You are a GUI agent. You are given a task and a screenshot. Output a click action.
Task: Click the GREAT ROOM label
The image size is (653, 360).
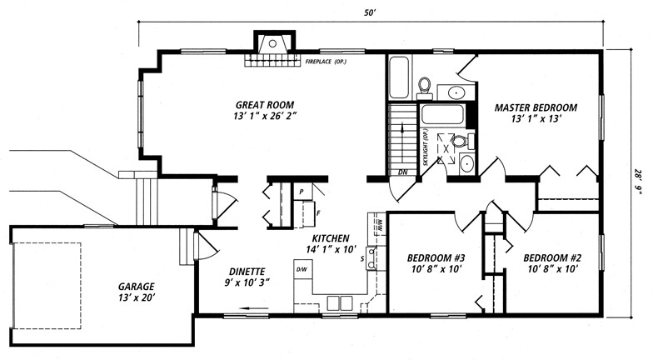coord(265,105)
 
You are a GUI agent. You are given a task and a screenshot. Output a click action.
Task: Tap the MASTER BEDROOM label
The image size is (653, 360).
coord(536,107)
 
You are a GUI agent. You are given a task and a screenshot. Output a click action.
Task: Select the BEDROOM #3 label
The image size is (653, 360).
coord(436,258)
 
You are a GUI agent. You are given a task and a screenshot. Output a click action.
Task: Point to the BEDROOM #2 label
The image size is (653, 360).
coord(553,258)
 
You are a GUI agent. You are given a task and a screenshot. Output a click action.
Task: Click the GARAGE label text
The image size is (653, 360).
coord(137,287)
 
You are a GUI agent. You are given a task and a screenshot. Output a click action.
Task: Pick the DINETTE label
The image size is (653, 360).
coord(247,272)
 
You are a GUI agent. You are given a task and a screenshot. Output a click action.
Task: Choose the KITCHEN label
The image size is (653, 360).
coord(331,238)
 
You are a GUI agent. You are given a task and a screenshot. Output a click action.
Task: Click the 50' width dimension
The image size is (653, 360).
coord(370,13)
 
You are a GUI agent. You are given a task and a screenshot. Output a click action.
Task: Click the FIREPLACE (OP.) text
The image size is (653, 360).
coord(326,62)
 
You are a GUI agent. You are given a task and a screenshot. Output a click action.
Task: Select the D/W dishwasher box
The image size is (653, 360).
coord(302,270)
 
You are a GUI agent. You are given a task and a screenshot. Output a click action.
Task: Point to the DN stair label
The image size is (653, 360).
coord(403,172)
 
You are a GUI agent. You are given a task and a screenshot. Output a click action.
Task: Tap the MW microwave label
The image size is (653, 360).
coord(380,225)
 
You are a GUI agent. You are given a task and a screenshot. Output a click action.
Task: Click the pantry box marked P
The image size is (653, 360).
coord(302,192)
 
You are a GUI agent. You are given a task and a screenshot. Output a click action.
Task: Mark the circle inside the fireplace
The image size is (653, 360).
coord(273,43)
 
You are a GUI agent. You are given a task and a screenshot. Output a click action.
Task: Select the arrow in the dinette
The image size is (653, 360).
coord(253,308)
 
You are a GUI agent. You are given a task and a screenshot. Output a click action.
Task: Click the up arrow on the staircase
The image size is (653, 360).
coord(402,129)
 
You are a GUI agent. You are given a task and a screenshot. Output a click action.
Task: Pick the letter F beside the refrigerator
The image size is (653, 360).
coord(318,213)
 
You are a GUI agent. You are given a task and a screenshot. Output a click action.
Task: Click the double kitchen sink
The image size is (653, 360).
coord(340,303)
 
